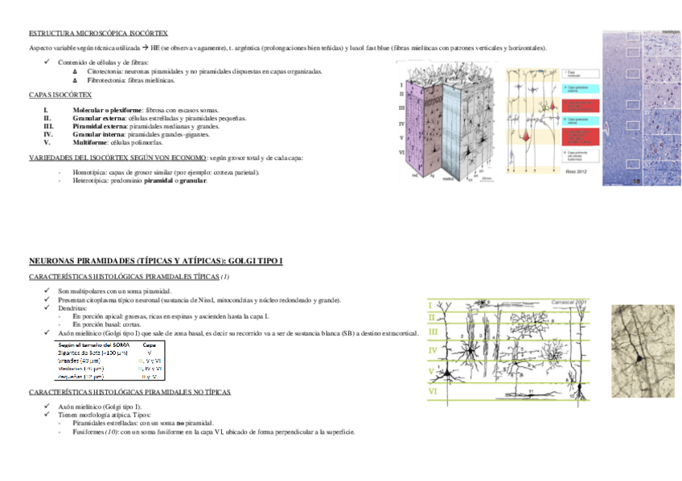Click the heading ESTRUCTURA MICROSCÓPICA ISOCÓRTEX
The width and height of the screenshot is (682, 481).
point(98,33)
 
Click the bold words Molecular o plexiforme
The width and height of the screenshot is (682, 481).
point(107,109)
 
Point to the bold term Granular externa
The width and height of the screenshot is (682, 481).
point(98,117)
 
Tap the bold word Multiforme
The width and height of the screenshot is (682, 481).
point(89,141)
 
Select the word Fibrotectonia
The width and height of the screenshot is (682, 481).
point(105,80)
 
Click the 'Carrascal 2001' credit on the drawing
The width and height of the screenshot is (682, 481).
point(571,301)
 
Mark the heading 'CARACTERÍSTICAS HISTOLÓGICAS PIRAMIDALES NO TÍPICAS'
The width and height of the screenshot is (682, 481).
point(129,392)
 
